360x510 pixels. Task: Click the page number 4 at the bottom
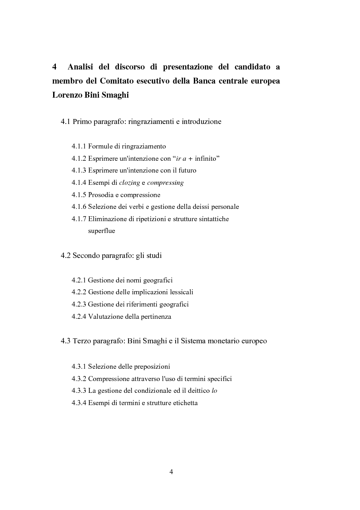(x=171, y=472)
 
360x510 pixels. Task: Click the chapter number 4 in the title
(x=54, y=67)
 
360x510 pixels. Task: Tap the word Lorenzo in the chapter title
(x=69, y=96)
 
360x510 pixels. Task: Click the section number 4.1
(x=66, y=122)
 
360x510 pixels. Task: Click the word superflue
(x=101, y=231)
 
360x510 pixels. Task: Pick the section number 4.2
(x=66, y=256)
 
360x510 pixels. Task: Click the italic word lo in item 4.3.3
(x=215, y=390)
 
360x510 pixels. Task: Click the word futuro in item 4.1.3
(x=187, y=170)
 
